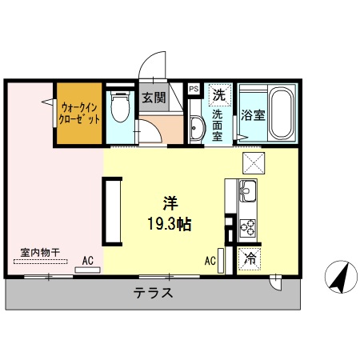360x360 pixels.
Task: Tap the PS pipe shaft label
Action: coord(194,89)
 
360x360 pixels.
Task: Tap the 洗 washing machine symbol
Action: coord(218,95)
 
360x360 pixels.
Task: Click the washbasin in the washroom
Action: coord(198,127)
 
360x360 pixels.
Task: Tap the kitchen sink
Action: coord(247,192)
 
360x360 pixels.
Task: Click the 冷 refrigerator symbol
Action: coord(250,258)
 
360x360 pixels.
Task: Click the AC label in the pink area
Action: coord(88,260)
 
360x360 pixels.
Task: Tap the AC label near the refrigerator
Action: coord(210,260)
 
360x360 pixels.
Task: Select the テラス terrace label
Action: coord(153,292)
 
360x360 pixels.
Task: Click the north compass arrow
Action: coord(339,278)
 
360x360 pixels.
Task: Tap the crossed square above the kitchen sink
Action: coord(254,163)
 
